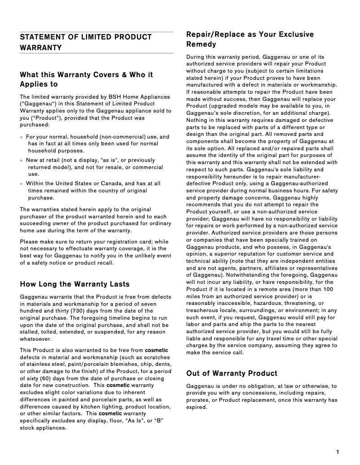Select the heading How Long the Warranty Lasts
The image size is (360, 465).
point(75,284)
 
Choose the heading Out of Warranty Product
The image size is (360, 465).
point(232,373)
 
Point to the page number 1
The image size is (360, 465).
point(337,452)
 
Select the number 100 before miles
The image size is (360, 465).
point(328,289)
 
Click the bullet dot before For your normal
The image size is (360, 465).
point(22,137)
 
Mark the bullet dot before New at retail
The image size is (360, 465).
point(22,160)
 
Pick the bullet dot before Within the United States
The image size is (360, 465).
point(22,183)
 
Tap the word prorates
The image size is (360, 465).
point(198,400)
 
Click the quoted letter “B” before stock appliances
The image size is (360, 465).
point(158,421)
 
